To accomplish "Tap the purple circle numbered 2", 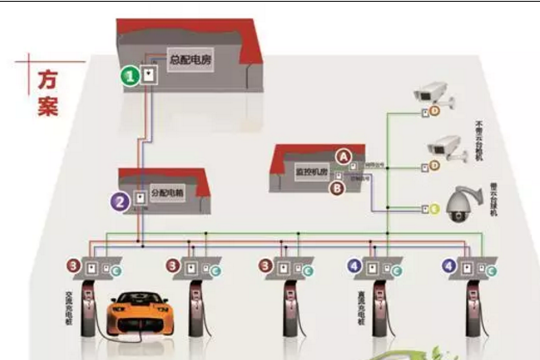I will pyautogui.click(x=120, y=201).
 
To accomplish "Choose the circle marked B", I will pyautogui.click(x=338, y=186).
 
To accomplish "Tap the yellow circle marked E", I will pyautogui.click(x=434, y=208).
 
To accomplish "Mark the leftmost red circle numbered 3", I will pyautogui.click(x=76, y=265).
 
